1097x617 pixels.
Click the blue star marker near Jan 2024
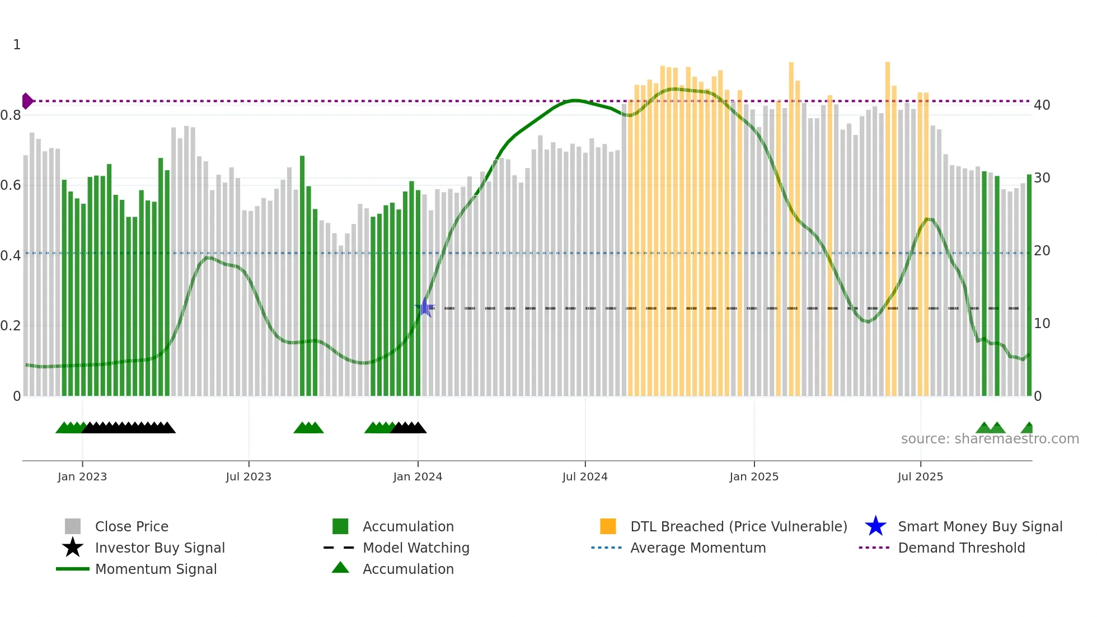[x=425, y=308]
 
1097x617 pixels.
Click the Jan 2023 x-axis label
[x=82, y=476]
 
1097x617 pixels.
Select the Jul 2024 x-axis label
[x=585, y=476]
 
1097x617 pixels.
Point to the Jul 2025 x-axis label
[x=920, y=476]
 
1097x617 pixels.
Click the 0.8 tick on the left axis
[x=11, y=115]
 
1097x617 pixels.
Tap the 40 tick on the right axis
[x=1042, y=105]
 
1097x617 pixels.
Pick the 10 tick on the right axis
[x=1042, y=324]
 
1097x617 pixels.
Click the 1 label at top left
[x=17, y=45]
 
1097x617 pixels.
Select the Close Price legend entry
[x=132, y=526]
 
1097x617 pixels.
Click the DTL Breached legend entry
[x=738, y=526]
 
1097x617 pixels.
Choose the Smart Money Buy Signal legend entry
[x=979, y=526]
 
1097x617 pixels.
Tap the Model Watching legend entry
[x=416, y=548]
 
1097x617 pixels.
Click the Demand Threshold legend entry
[x=961, y=548]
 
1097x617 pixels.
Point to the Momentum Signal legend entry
[x=156, y=569]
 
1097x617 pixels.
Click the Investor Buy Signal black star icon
[x=73, y=548]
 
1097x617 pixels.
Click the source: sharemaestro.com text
[x=990, y=439]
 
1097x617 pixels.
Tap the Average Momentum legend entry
[x=697, y=548]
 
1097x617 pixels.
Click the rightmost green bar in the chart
[x=1029, y=286]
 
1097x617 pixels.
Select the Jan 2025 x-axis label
[x=754, y=476]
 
